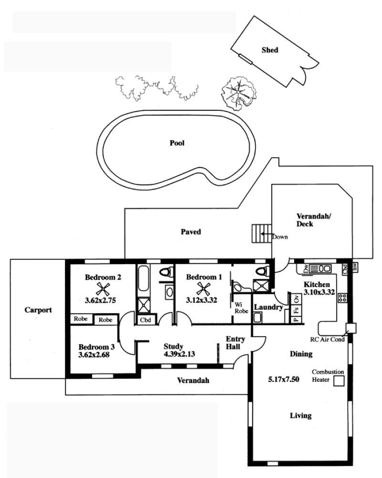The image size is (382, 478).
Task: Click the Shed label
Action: click(x=270, y=50)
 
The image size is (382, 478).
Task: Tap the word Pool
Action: click(x=177, y=143)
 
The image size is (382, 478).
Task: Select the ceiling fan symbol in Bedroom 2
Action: click(x=103, y=288)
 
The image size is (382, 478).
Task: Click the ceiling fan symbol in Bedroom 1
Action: click(x=203, y=288)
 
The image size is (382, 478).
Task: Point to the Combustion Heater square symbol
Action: click(x=339, y=381)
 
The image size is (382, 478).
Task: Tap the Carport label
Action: click(x=38, y=310)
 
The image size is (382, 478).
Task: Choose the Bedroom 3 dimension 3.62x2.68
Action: click(x=94, y=355)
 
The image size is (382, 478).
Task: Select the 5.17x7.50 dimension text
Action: click(x=284, y=380)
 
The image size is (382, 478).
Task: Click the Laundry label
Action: click(x=268, y=308)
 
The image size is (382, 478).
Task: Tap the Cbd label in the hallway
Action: click(x=146, y=320)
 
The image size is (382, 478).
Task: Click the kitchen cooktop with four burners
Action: click(x=342, y=298)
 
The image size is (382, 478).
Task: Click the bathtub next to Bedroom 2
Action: click(x=143, y=278)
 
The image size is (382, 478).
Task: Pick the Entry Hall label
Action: click(x=235, y=343)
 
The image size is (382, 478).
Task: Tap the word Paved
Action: click(x=191, y=232)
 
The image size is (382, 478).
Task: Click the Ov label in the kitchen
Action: click(x=297, y=299)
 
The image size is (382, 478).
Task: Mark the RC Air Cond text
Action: click(x=327, y=340)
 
